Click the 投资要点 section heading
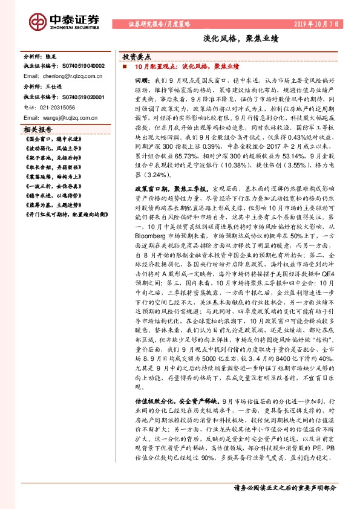click(138, 54)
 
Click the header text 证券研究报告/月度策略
click(160, 24)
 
